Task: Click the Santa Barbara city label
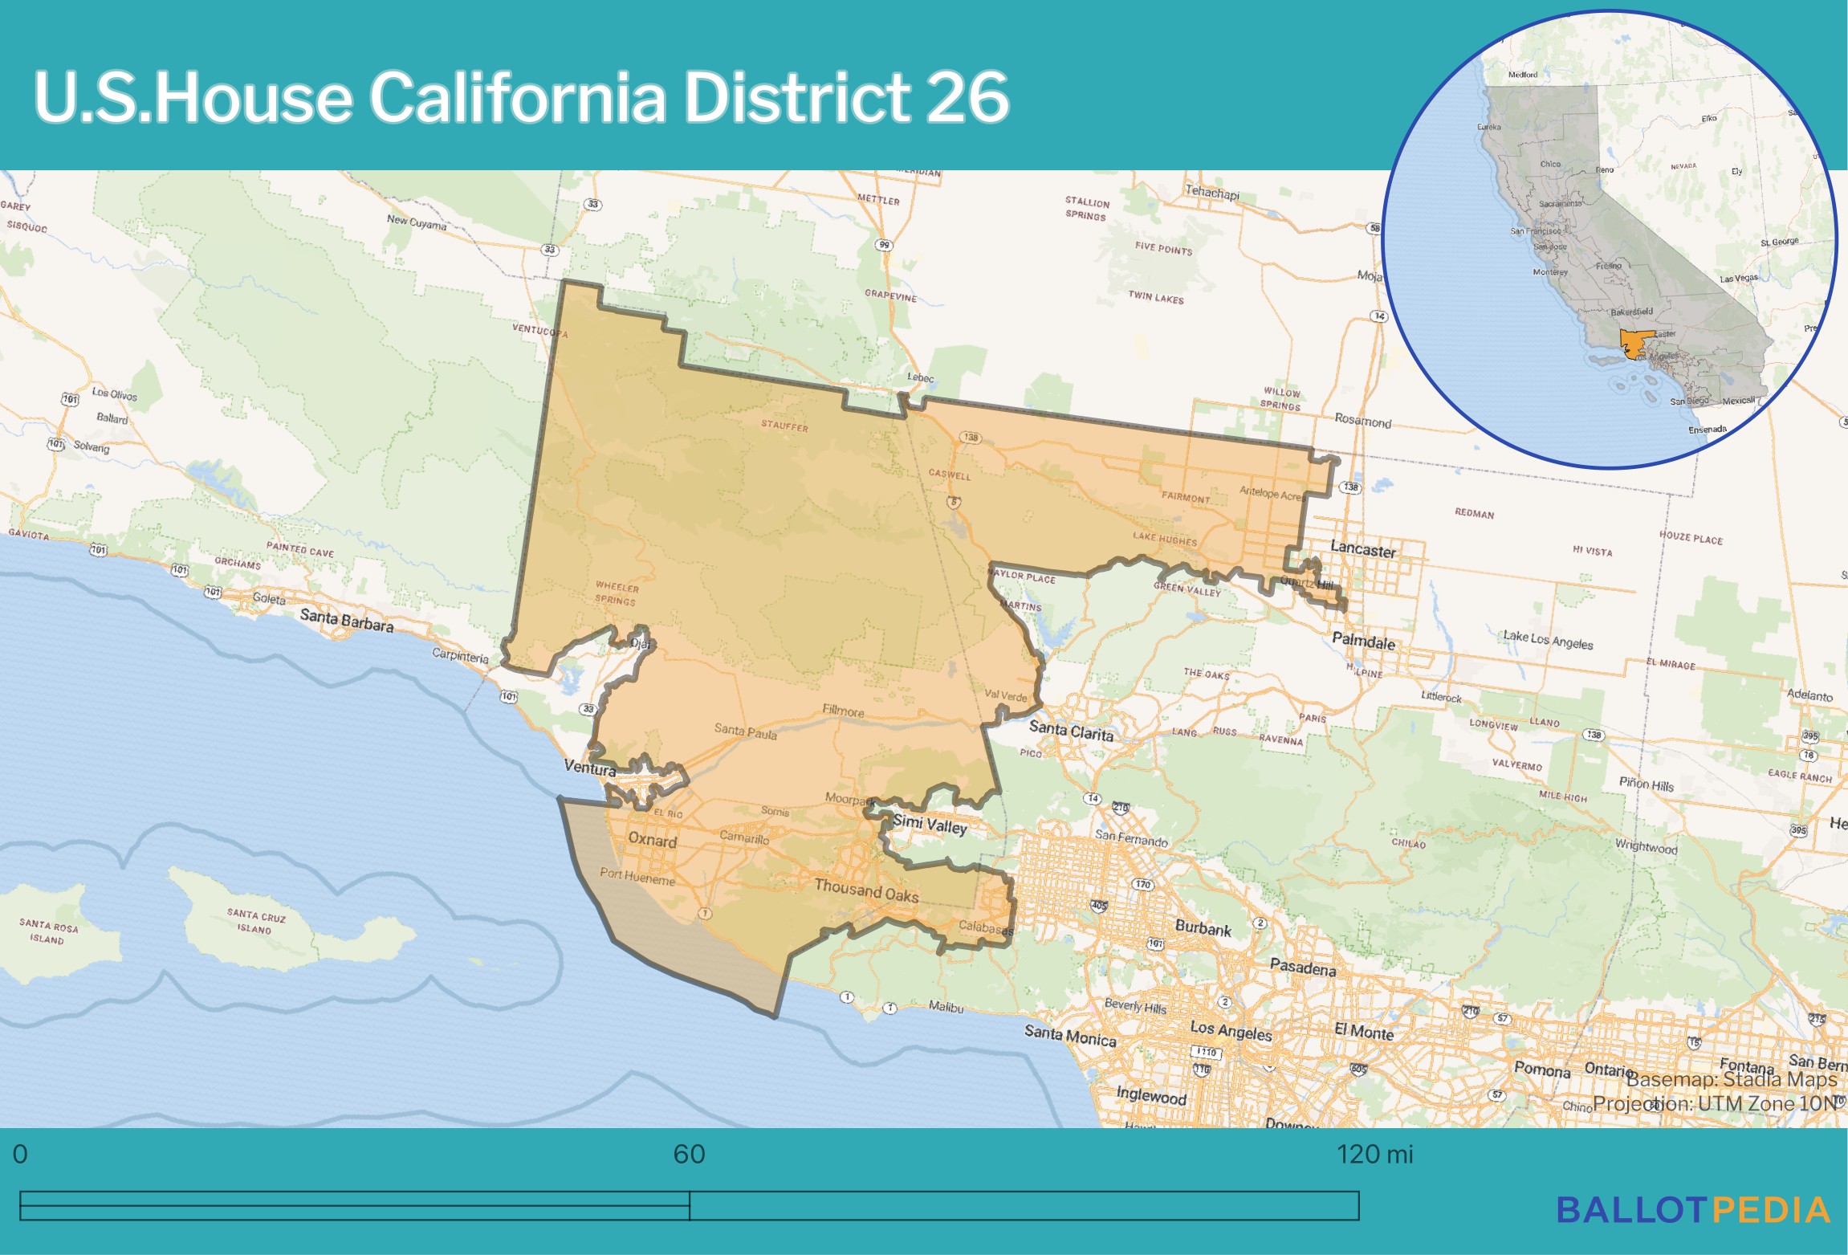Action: tap(346, 619)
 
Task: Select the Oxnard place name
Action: tap(652, 840)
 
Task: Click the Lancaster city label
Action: tap(1362, 550)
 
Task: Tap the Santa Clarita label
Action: tap(1071, 731)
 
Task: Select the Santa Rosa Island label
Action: tap(48, 932)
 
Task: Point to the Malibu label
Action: tap(946, 1007)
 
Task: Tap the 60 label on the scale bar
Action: tap(689, 1155)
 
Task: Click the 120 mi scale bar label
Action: tap(1374, 1155)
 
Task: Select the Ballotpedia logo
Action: tap(1693, 1210)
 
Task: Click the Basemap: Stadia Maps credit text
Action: tap(1731, 1079)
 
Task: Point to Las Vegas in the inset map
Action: tap(1738, 279)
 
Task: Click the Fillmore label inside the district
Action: tap(843, 711)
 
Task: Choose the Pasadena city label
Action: tap(1302, 968)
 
